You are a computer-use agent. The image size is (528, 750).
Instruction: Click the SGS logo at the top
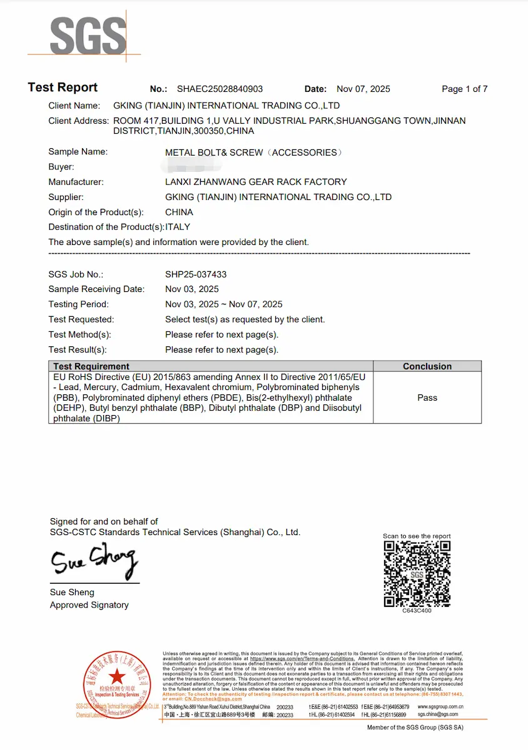88,36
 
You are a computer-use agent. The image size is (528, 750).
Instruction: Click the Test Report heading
63,87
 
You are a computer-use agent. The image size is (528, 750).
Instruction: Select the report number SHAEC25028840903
220,89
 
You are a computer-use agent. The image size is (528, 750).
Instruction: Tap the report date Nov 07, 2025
363,89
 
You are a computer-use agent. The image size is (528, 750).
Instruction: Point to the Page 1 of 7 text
464,89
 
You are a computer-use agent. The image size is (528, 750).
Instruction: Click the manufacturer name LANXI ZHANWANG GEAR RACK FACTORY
255,182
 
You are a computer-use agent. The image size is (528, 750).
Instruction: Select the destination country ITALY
178,227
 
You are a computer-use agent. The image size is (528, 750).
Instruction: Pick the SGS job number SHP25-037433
196,274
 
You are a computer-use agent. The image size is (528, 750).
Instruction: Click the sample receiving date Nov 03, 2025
192,289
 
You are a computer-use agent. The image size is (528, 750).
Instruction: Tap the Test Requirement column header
91,366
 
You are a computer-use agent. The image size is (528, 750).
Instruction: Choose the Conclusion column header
427,366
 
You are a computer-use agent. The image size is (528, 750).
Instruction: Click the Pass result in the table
427,397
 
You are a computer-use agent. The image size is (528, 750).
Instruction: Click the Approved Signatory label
89,605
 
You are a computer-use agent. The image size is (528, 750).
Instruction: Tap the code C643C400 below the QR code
417,611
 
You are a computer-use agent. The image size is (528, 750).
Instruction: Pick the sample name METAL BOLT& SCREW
214,152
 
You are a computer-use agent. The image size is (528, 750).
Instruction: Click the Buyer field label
61,167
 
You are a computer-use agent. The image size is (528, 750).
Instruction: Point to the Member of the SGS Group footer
415,727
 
